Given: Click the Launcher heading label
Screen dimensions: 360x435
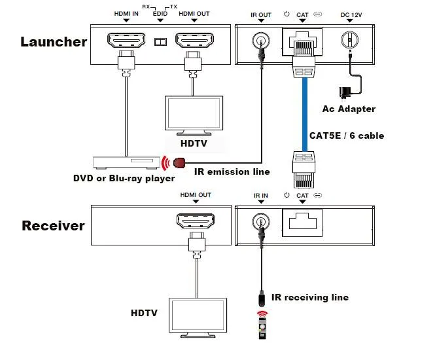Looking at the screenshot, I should (x=54, y=42).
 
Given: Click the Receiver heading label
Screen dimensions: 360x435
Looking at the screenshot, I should (x=54, y=226).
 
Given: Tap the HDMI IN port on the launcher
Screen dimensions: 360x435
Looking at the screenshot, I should (x=126, y=42).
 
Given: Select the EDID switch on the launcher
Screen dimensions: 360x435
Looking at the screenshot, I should (x=159, y=43).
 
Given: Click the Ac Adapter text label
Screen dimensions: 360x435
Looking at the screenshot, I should (x=349, y=109).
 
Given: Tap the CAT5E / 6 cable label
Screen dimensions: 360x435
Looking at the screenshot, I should (x=346, y=135).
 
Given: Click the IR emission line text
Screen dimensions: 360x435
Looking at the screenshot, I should (x=232, y=172).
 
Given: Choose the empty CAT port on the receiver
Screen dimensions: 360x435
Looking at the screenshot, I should (x=302, y=223).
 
